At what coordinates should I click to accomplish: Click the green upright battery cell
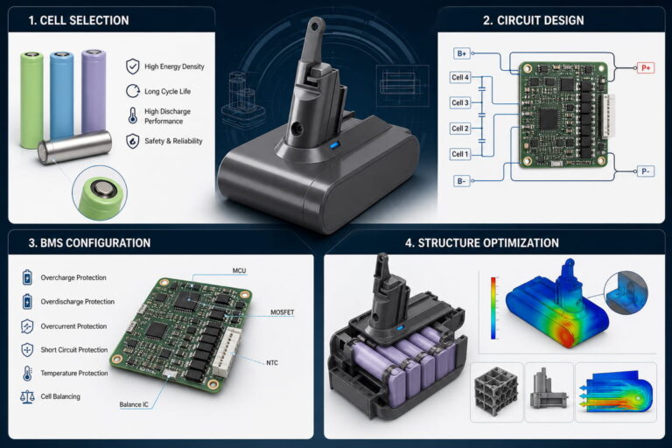tap(31, 101)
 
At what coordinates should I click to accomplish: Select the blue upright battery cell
tap(61, 95)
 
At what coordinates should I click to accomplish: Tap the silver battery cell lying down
tap(74, 147)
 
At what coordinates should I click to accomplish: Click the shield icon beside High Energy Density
tap(133, 66)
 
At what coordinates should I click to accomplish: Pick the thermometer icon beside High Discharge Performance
tap(133, 115)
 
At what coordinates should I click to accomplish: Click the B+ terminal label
tap(462, 53)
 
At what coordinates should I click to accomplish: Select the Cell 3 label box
tap(460, 103)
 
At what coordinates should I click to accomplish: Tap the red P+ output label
tap(646, 67)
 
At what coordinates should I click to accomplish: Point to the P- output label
tap(646, 171)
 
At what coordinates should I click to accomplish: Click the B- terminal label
tap(462, 181)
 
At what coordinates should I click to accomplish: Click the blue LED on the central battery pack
tap(335, 145)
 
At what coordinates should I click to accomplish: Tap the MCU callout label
tap(239, 270)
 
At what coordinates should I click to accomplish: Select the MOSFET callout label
tap(283, 312)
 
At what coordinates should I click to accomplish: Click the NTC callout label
tap(272, 362)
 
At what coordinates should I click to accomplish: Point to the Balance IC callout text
tap(134, 404)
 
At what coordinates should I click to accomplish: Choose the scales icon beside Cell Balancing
tap(27, 396)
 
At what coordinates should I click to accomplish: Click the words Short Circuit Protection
tap(74, 350)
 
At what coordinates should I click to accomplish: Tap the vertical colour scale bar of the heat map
tap(493, 308)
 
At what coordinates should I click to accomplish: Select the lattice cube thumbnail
tap(496, 391)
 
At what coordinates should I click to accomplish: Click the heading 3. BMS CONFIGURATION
tap(89, 243)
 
